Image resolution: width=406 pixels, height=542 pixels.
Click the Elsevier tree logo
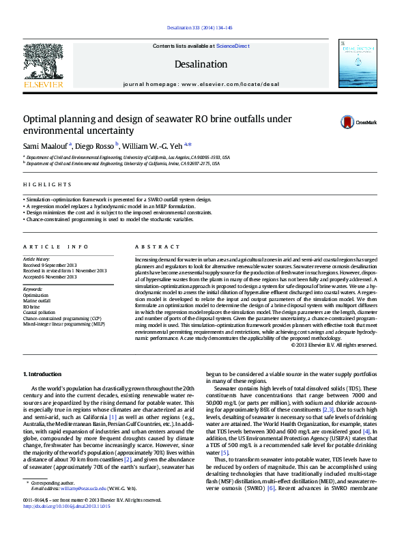pyautogui.click(x=43, y=62)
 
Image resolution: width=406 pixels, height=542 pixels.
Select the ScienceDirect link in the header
pyautogui.click(x=233, y=46)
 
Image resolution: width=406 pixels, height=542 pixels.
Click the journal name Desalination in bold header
pyautogui.click(x=201, y=64)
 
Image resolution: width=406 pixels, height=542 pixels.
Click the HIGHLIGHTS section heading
pyautogui.click(x=47, y=184)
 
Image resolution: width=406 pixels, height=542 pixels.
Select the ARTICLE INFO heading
pyautogui.click(x=56, y=246)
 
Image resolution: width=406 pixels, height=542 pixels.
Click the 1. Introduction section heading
pyautogui.click(x=42, y=374)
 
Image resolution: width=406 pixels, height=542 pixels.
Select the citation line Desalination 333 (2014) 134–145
pyautogui.click(x=200, y=28)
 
